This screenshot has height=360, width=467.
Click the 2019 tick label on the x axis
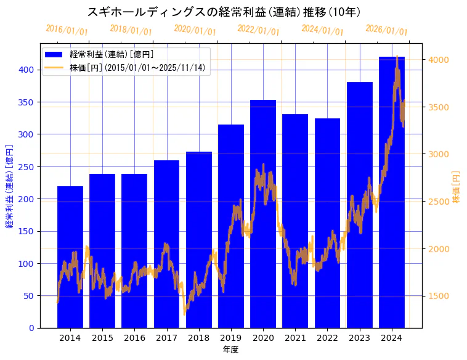(231, 338)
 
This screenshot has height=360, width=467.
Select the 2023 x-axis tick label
(360, 338)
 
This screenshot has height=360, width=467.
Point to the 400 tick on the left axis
(26, 70)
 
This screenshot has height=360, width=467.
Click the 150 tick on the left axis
(26, 231)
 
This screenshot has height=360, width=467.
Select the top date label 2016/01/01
(67, 30)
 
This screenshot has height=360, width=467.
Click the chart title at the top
(224, 12)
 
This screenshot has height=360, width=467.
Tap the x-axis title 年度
(230, 350)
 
